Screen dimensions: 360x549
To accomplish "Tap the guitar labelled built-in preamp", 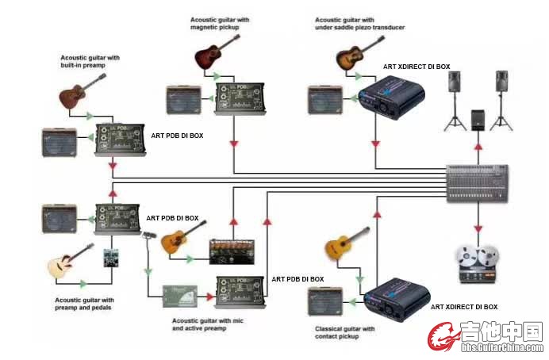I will point(79,91).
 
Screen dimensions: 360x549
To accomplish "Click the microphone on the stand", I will point(148,236).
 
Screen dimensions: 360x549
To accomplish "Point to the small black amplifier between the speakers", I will point(478,119).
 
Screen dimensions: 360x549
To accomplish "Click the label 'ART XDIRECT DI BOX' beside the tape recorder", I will point(464,307).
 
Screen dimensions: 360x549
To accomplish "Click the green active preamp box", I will point(181,294).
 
